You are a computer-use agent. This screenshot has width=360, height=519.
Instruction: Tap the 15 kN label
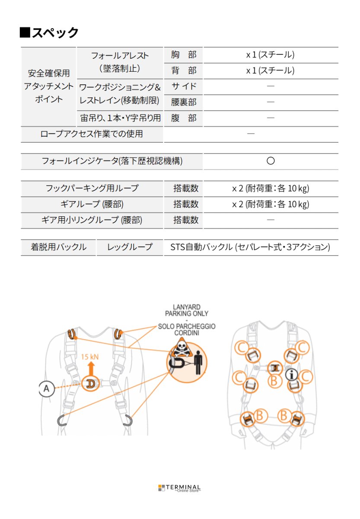pyautogui.click(x=90, y=358)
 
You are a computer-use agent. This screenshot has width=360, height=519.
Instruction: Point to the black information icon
pyautogui.click(x=293, y=375)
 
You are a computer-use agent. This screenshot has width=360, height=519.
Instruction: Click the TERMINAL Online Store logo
pyautogui.click(x=179, y=488)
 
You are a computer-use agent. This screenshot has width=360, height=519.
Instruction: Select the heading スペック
pyautogui.click(x=49, y=32)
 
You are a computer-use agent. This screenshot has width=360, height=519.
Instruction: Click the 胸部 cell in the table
pyautogui.click(x=183, y=55)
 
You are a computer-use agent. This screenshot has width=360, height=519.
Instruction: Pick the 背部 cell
pyautogui.click(x=183, y=70)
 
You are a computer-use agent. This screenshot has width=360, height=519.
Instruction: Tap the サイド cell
pyautogui.click(x=183, y=86)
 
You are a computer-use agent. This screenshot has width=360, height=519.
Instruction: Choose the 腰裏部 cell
pyautogui.click(x=183, y=102)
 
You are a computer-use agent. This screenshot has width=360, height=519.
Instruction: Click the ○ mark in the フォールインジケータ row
pyautogui.click(x=271, y=161)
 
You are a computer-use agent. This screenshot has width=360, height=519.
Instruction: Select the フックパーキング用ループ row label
pyautogui.click(x=92, y=189)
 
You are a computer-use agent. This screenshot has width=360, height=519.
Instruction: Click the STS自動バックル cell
pyautogui.click(x=251, y=247)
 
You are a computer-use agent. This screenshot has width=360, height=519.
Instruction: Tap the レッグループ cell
pyautogui.click(x=130, y=247)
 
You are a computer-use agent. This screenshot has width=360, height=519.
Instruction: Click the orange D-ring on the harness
pyautogui.click(x=91, y=384)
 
